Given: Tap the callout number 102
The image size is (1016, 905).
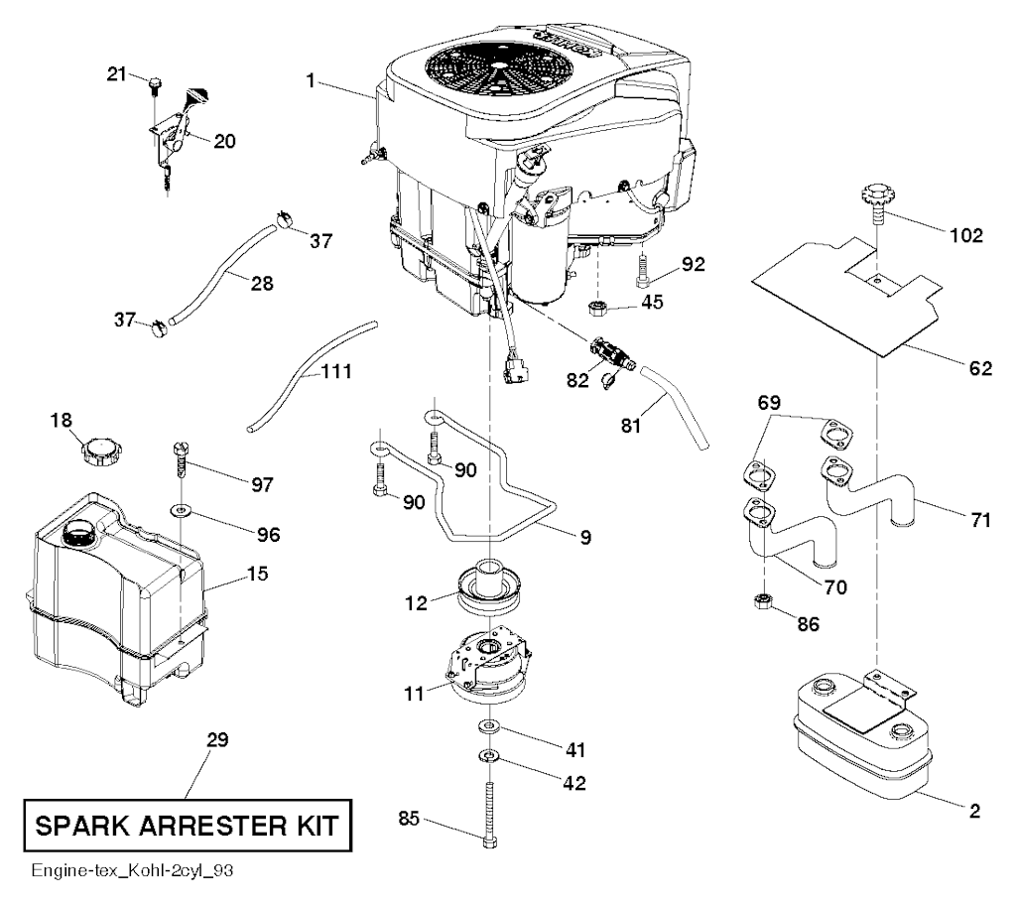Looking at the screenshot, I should (x=965, y=235).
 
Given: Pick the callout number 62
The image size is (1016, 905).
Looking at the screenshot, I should (x=980, y=368).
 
